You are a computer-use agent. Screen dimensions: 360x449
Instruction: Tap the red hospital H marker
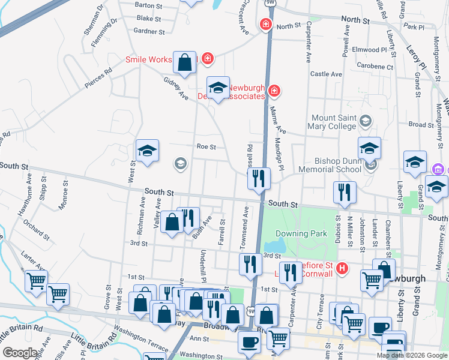click(x=342, y=268)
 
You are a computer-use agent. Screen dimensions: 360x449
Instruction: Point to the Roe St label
click(x=205, y=146)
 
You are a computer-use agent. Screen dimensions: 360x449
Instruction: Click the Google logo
click(x=20, y=353)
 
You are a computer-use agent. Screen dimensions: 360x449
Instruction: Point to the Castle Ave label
click(x=326, y=74)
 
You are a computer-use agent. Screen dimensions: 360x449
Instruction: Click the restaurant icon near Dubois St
click(x=345, y=193)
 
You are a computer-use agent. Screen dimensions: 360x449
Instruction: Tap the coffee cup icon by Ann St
click(x=249, y=342)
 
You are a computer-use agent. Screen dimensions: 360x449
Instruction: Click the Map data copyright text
click(x=411, y=355)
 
